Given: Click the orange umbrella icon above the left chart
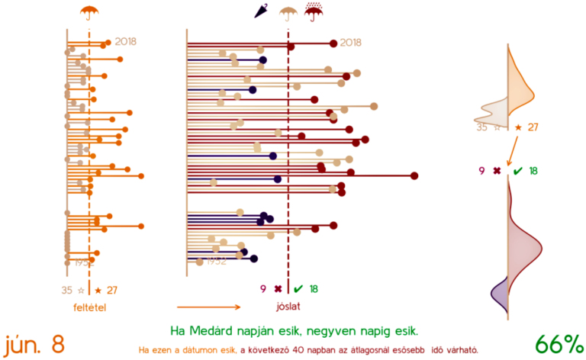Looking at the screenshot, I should pos(90,11).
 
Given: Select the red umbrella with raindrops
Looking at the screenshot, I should pos(313,11).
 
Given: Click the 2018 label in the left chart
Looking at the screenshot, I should pos(127,42).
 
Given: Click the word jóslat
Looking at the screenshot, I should pos(288,307).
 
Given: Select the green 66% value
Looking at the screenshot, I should pos(558,344).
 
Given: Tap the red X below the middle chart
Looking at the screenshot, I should pos(277,289).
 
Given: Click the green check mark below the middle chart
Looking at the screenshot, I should pos(298,289).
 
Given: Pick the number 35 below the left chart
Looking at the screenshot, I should pos(67,290).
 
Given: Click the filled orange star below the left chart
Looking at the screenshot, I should pos(98,290).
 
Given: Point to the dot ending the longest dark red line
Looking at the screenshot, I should pos(414,175).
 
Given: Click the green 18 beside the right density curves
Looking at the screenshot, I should pos(533,171).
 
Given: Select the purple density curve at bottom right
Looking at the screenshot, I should pos(500,294).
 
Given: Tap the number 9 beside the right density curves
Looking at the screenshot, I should pos(481,171).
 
